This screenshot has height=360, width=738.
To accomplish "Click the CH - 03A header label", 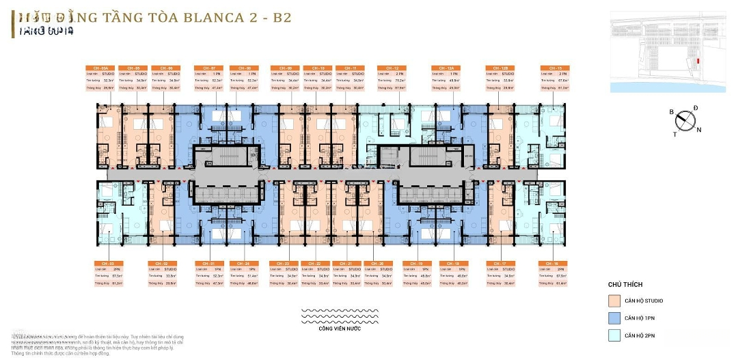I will (98, 68).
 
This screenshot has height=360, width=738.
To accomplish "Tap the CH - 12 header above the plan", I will (392, 68).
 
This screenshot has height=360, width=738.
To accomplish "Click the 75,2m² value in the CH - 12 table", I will (400, 81).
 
